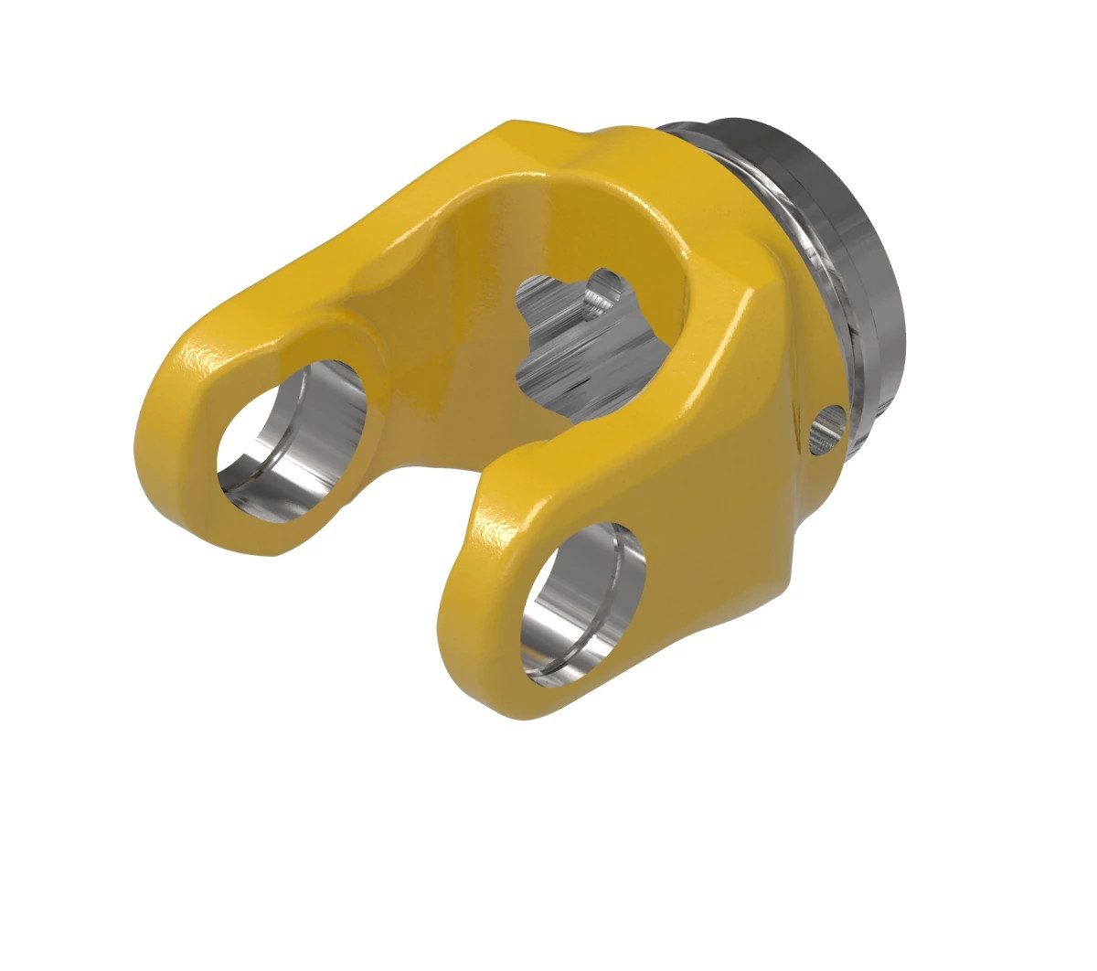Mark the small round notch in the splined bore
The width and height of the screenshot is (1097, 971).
(603, 288)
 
